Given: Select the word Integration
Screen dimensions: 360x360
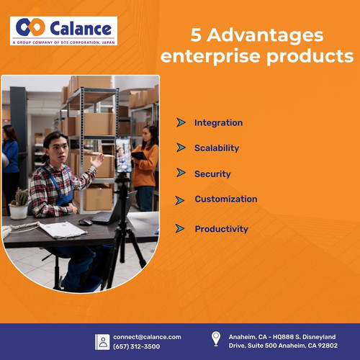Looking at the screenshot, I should click(x=218, y=123).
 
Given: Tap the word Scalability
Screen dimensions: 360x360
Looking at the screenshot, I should click(x=217, y=148).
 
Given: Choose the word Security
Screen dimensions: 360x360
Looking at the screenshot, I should click(x=212, y=174).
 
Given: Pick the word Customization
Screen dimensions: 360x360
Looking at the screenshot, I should click(x=225, y=199).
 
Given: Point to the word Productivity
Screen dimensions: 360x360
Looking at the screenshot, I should click(x=221, y=229).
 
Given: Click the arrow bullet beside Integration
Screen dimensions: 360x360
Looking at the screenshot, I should click(x=181, y=122).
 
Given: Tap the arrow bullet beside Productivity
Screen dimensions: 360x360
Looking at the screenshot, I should click(x=181, y=229).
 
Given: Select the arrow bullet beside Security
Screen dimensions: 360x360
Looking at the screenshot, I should click(x=181, y=174).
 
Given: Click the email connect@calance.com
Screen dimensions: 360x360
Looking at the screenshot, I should click(x=147, y=336).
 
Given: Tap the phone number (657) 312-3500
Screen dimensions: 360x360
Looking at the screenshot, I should click(x=137, y=346).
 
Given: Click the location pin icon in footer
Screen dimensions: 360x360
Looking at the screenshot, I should click(x=215, y=338).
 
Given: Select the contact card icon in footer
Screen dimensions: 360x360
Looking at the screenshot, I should click(x=103, y=341).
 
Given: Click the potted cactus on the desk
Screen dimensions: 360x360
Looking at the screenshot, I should click(x=19, y=204).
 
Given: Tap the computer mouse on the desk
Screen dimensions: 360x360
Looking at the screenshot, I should click(x=85, y=222).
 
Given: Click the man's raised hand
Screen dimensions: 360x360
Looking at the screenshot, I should click(x=96, y=160).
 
